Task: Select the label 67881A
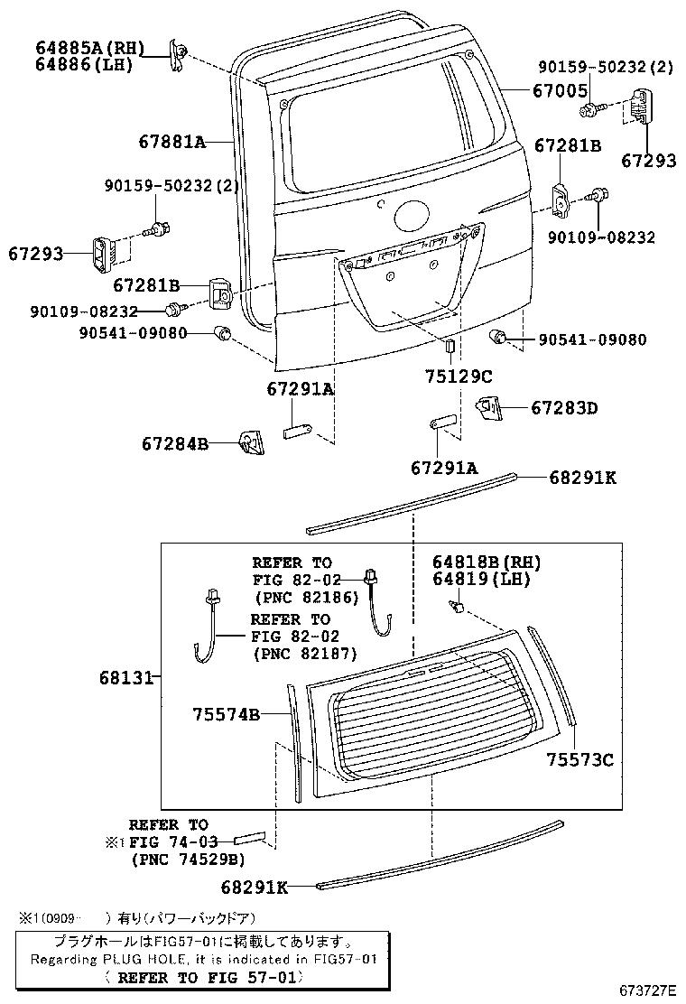tap(172, 141)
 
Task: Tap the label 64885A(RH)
tap(85, 48)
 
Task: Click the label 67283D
tap(564, 408)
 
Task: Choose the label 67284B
tap(175, 443)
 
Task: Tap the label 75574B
tap(226, 714)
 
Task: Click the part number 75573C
tap(579, 759)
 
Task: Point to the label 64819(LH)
tap(482, 579)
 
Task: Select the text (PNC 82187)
tap(305, 653)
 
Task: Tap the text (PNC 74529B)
tap(188, 859)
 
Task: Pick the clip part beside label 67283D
tap(489, 407)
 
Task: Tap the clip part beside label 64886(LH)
tap(179, 55)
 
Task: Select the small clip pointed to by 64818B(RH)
tap(459, 610)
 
